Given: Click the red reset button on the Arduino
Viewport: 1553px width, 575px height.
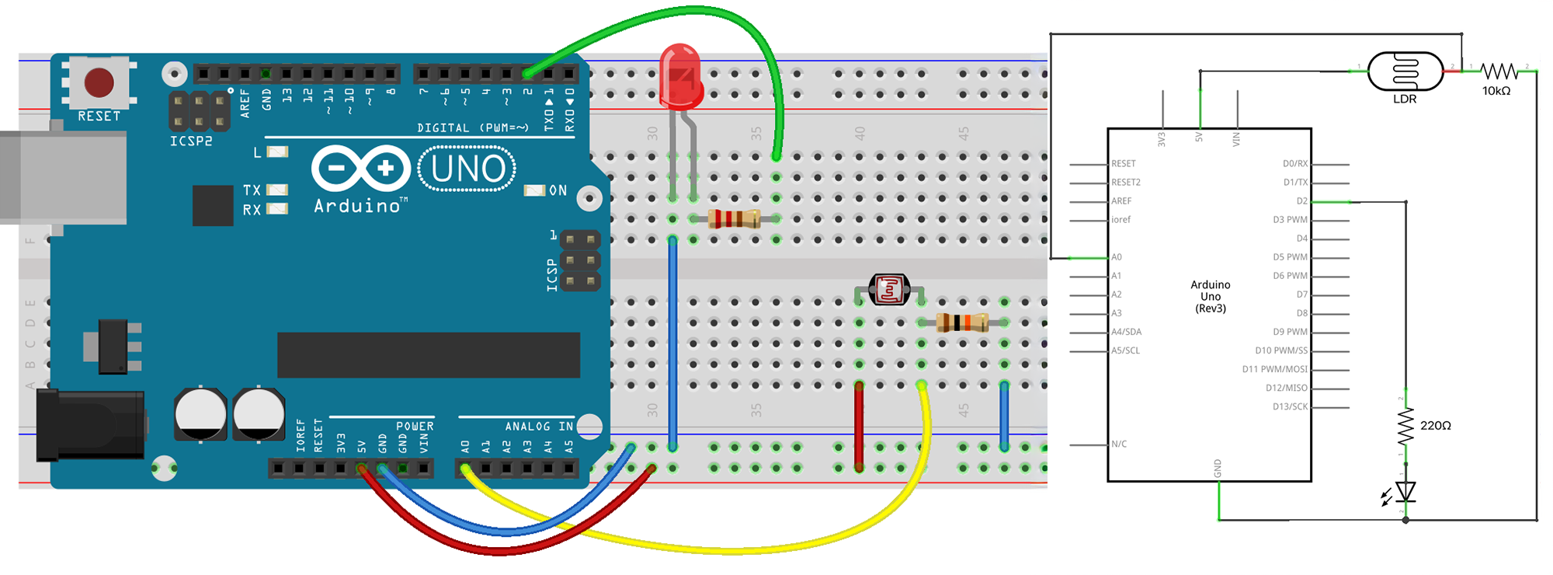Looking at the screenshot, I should [99, 82].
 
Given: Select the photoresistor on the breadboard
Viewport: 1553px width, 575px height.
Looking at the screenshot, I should [889, 290].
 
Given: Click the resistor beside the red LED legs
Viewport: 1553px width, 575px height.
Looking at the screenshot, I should [734, 219].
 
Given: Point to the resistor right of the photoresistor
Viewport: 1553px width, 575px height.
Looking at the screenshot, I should [962, 322].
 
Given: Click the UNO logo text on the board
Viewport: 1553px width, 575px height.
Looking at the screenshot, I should [467, 169].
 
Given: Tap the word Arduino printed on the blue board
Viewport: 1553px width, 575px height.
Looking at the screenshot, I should [357, 206].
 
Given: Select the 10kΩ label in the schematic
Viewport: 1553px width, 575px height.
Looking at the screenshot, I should [1496, 91].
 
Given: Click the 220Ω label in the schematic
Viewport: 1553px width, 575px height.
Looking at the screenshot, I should [1435, 425].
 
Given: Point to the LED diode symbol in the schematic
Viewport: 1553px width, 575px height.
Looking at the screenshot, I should [1405, 492].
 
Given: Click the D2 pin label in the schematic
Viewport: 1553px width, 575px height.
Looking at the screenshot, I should [1301, 201].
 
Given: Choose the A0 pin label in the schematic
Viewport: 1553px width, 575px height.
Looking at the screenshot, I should [1117, 257].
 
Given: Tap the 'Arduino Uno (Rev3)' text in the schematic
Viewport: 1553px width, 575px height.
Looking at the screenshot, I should [1210, 296].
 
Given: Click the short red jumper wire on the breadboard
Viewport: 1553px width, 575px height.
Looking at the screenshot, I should [859, 426].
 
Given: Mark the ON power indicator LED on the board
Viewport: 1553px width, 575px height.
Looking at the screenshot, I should [534, 190].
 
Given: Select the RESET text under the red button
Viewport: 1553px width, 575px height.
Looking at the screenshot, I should [99, 117].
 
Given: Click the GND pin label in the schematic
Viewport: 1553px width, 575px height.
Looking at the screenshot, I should [1218, 468].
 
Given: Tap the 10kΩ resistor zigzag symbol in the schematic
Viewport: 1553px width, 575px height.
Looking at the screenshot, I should [1499, 71].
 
